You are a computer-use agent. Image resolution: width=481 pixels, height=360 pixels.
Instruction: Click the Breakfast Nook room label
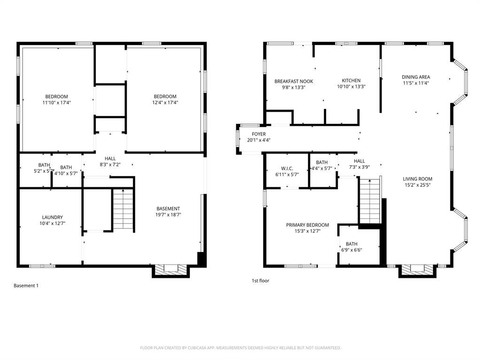click(x=294, y=81)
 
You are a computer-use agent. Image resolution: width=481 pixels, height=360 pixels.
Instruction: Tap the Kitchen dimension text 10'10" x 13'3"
click(x=351, y=87)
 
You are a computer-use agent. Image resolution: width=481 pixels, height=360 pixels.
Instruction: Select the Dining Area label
click(x=416, y=77)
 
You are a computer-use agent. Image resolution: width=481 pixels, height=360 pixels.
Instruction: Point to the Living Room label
click(x=417, y=179)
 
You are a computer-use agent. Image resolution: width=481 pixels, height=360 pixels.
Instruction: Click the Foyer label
click(x=258, y=134)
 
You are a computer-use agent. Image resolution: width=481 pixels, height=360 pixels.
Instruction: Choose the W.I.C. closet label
click(x=287, y=168)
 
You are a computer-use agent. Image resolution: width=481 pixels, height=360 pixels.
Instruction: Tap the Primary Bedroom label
click(x=307, y=225)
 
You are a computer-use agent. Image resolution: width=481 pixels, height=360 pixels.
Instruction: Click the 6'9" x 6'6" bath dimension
click(x=351, y=250)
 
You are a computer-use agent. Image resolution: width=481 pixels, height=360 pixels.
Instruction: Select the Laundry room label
click(x=52, y=217)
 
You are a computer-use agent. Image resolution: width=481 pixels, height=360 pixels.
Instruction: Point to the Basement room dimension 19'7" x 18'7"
click(x=168, y=214)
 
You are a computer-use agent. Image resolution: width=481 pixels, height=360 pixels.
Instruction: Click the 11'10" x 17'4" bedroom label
click(x=56, y=102)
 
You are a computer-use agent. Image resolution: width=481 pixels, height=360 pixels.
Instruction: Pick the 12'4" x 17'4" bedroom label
click(x=165, y=102)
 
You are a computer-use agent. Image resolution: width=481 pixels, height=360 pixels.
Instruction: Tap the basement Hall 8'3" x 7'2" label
click(x=110, y=165)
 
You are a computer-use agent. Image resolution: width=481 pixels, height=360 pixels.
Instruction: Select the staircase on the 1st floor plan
click(x=370, y=201)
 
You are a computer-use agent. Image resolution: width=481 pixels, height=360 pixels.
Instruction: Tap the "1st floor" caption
click(x=260, y=281)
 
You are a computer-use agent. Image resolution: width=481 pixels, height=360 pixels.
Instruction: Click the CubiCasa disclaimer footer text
click(x=240, y=348)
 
